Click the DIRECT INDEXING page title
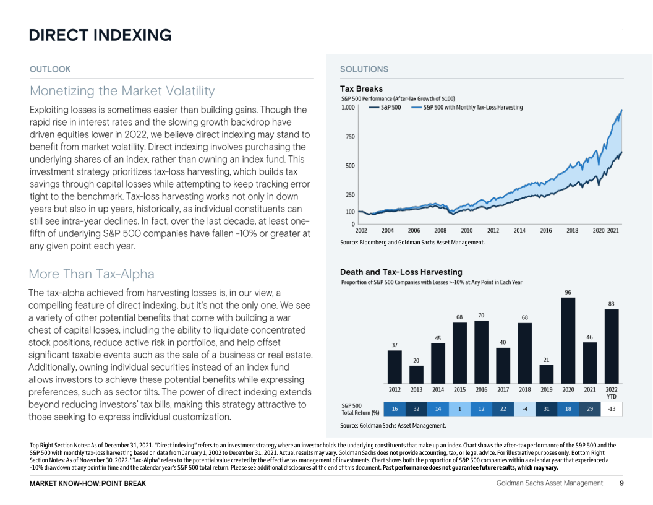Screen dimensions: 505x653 pos(100,35)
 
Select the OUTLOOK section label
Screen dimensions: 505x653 pos(50,69)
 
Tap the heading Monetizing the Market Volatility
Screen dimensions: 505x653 pos(122,91)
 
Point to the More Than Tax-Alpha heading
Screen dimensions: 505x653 pos(92,274)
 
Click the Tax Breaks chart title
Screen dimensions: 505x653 pos(361,88)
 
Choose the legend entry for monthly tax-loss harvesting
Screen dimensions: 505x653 pos(472,107)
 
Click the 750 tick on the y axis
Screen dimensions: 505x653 pos(349,136)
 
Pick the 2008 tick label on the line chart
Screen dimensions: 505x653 pos(440,230)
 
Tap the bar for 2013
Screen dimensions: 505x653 pos(416,374)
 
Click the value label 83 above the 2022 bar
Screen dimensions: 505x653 pos(611,303)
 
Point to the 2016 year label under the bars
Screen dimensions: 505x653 pos(481,389)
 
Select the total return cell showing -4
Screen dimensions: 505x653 pos(524,409)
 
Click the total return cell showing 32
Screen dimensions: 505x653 pos(416,409)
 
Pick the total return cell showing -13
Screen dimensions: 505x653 pos(611,409)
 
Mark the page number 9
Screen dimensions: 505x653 pos(621,483)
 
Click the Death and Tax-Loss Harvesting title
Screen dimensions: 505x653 pos(401,272)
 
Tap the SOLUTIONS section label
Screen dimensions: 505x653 pos(364,69)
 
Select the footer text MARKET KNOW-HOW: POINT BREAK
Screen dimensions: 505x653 pos(88,483)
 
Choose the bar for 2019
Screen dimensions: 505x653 pos(546,373)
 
